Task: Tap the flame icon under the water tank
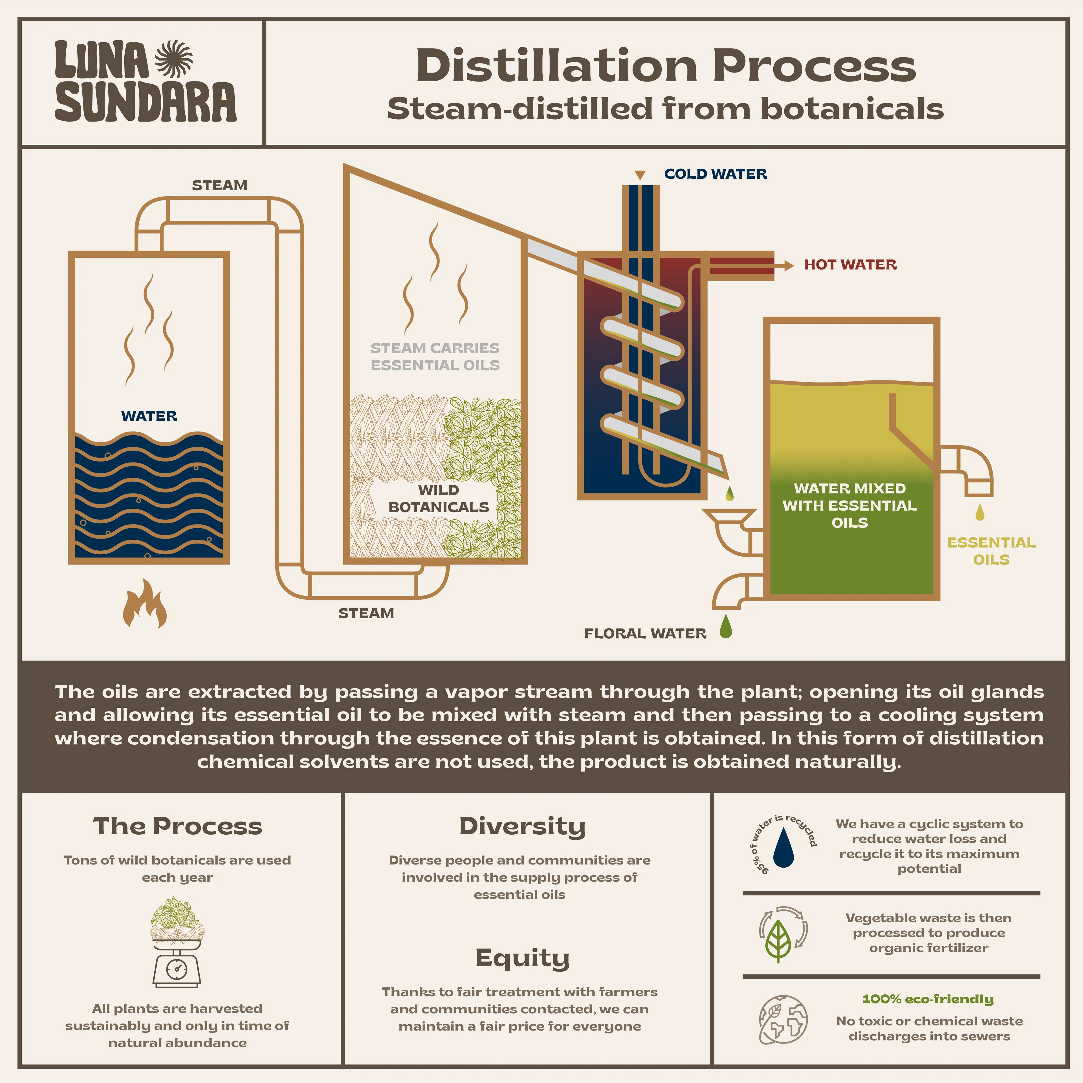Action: [145, 604]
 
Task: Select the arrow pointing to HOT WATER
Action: [788, 265]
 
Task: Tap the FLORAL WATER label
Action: [645, 634]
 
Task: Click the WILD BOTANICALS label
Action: [439, 498]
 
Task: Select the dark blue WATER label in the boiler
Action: [149, 416]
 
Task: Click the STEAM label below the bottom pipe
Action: [366, 613]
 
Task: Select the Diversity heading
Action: [522, 826]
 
